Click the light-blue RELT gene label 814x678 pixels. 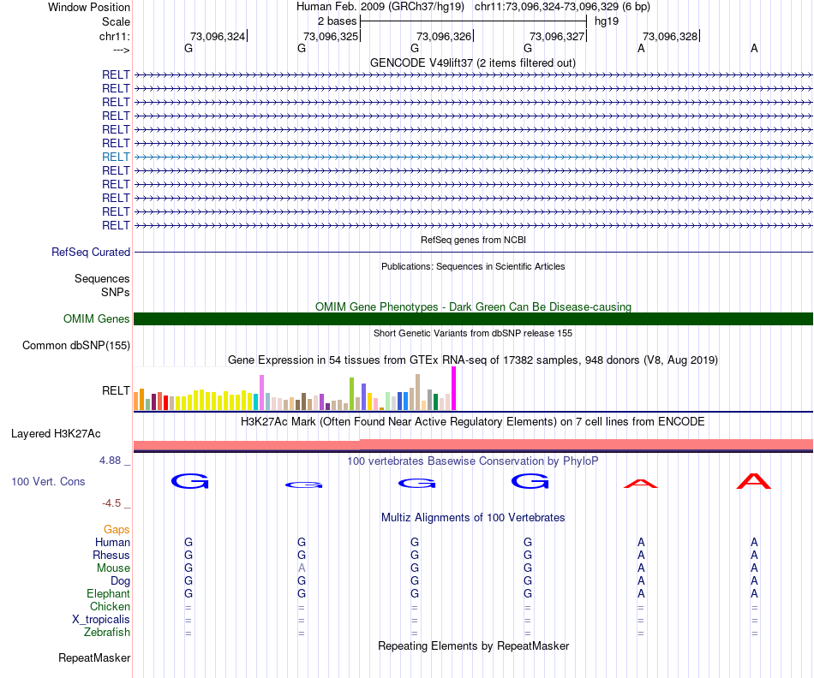click(116, 157)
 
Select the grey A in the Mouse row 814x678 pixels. click(301, 568)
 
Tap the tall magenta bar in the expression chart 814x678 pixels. click(453, 389)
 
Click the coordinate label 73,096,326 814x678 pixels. click(443, 36)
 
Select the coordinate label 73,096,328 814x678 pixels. click(669, 36)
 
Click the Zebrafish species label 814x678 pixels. click(107, 633)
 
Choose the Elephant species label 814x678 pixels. click(108, 593)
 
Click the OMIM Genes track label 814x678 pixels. click(97, 319)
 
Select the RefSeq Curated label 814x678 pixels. click(91, 253)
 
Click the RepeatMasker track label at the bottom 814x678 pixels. click(94, 658)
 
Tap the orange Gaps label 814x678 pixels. click(117, 530)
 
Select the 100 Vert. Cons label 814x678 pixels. click(48, 482)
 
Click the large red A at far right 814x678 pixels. click(754, 482)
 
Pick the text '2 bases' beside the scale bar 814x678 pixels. click(336, 20)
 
